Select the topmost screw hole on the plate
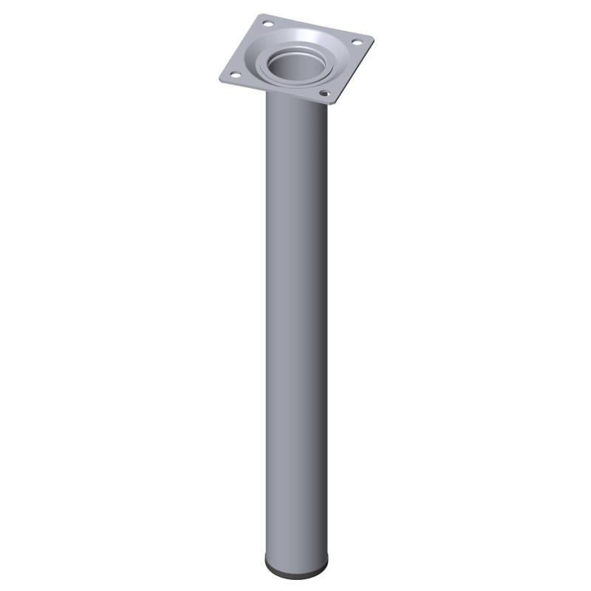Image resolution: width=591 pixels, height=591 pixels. pyautogui.click(x=267, y=25)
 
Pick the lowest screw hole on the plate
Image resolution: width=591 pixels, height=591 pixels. pyautogui.click(x=324, y=94)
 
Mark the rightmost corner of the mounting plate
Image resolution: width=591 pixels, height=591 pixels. pyautogui.click(x=373, y=38)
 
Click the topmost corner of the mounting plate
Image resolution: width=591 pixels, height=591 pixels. pyautogui.click(x=262, y=15)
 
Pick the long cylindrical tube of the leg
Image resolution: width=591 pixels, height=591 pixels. pyautogui.click(x=294, y=332)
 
